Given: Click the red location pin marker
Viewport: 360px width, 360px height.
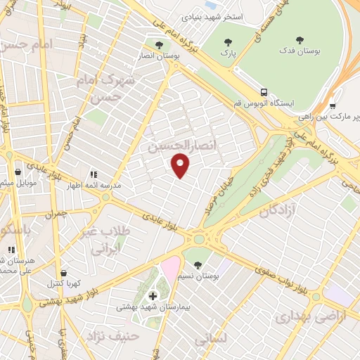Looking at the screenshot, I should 181,166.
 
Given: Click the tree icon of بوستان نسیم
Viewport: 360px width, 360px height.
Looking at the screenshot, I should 198,265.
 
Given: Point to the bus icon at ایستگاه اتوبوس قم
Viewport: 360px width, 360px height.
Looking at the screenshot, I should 264,91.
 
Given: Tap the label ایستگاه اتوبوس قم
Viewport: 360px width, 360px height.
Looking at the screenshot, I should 295,103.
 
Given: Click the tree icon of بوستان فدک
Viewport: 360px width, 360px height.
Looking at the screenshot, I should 300,40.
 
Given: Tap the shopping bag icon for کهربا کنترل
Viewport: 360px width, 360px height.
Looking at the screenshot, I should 64,273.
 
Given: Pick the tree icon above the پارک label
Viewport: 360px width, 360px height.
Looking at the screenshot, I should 225,40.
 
